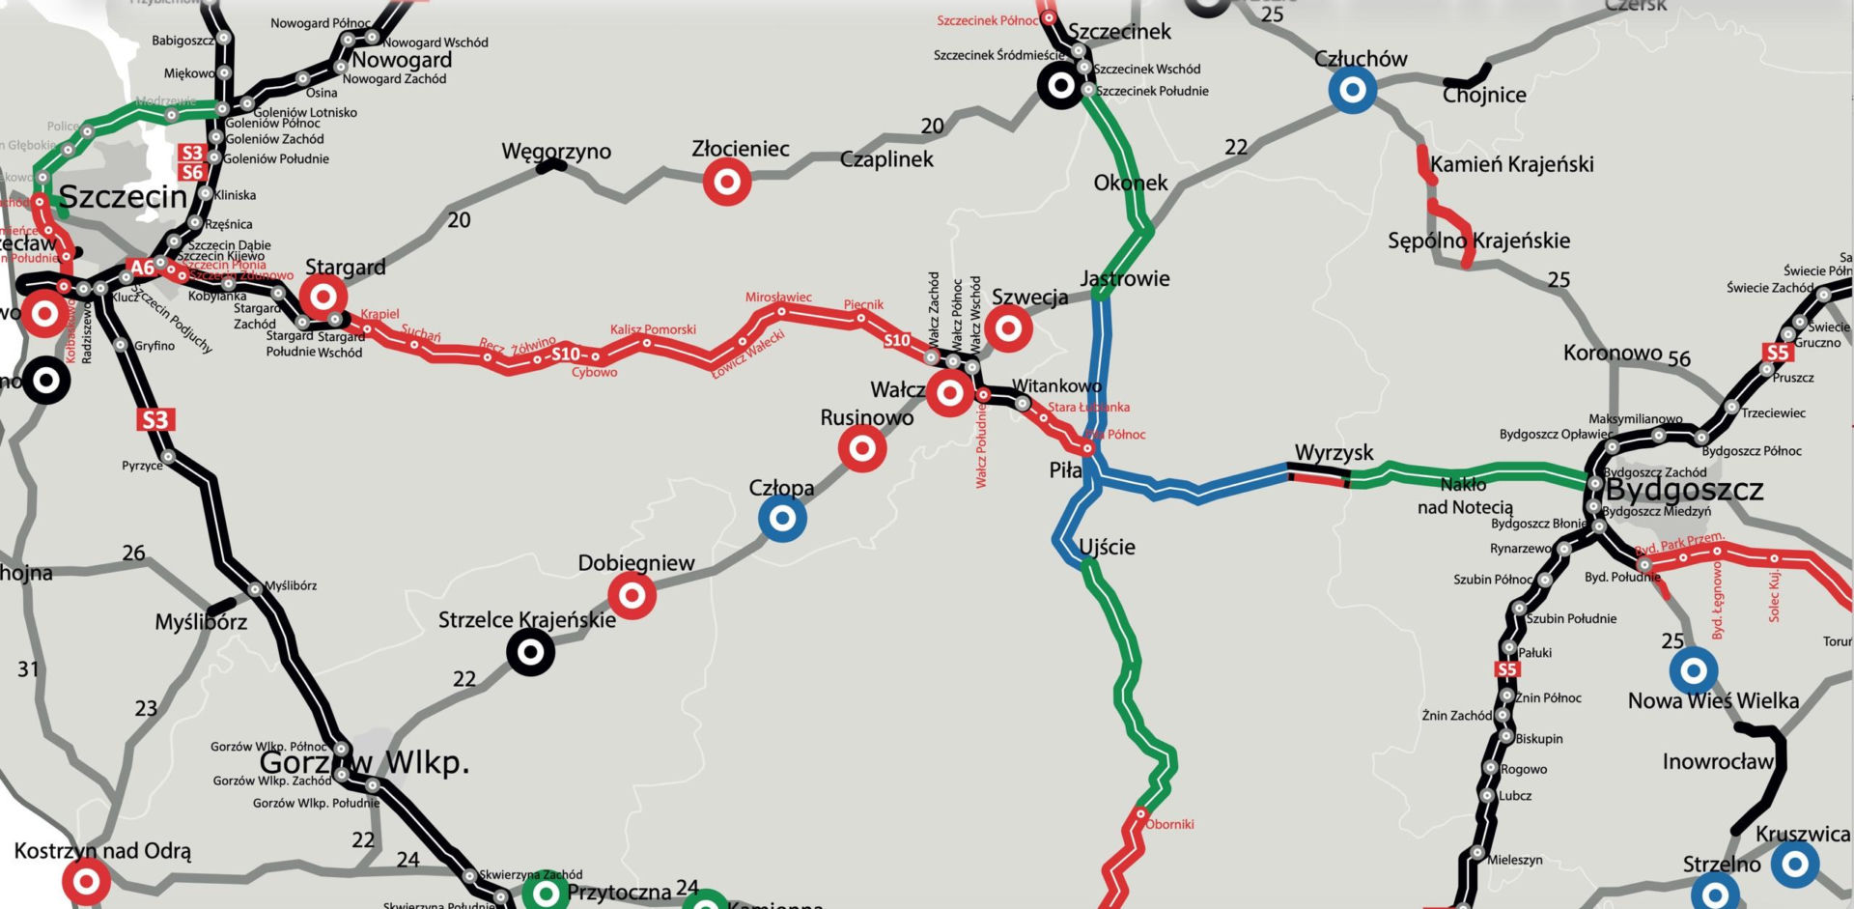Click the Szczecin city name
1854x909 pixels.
[x=123, y=197]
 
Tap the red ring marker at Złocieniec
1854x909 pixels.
[x=727, y=182]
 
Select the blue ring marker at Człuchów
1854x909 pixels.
[x=1352, y=90]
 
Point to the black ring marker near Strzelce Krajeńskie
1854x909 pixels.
[x=530, y=652]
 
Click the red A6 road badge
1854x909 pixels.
[x=142, y=268]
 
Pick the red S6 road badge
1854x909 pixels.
[x=192, y=172]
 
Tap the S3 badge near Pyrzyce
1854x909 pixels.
[x=154, y=419]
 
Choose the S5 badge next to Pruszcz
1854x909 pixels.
[x=1777, y=353]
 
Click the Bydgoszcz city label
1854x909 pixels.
[x=1684, y=490]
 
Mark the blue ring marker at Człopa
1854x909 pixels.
[x=782, y=518]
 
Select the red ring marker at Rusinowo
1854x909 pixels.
[x=862, y=448]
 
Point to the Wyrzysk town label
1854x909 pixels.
[x=1334, y=452]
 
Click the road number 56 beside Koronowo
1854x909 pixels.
[x=1679, y=358]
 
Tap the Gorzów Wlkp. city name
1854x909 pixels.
[x=364, y=762]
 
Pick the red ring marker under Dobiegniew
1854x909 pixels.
[x=632, y=596]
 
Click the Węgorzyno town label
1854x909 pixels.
[x=556, y=152]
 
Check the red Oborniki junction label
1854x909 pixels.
[x=1169, y=824]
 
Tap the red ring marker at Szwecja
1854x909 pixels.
[x=1008, y=328]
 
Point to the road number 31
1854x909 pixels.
[x=29, y=668]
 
